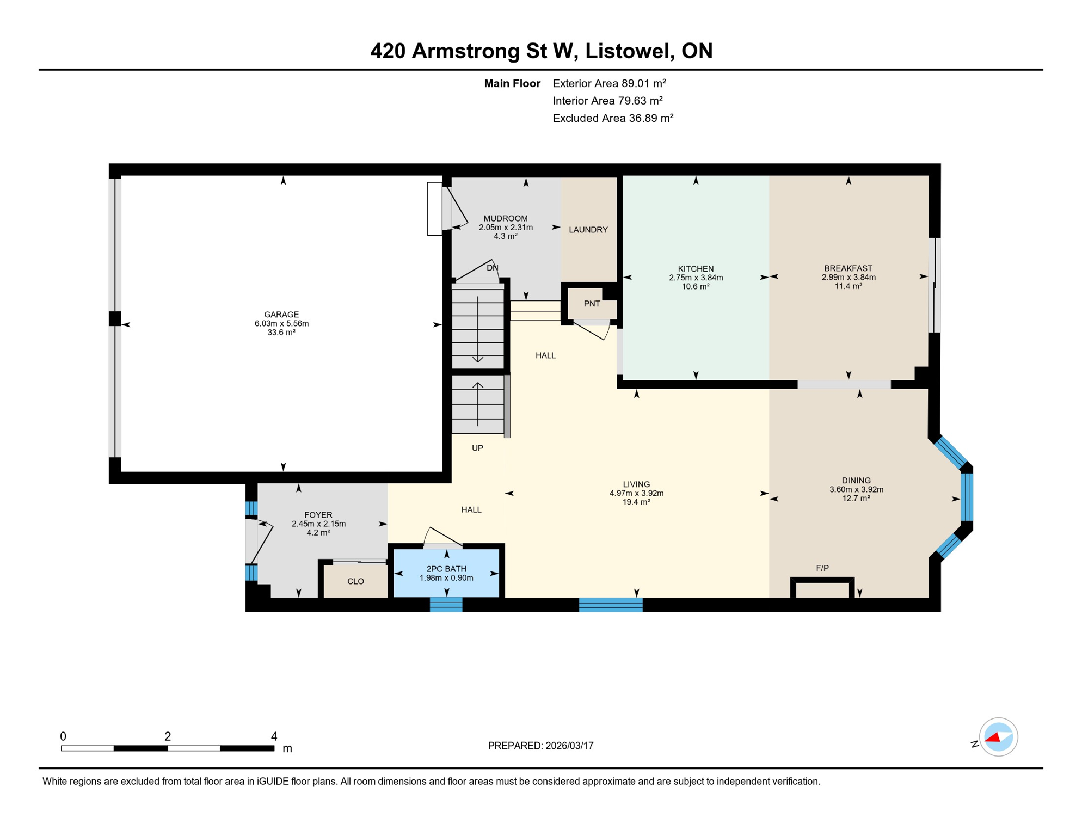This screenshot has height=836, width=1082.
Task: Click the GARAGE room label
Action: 281,315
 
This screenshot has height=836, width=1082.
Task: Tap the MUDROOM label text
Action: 505,219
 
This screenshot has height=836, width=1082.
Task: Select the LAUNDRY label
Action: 588,230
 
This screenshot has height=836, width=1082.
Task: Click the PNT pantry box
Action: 592,304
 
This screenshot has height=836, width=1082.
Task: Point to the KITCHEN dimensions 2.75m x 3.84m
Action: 696,278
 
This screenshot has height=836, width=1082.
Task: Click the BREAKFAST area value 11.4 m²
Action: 848,286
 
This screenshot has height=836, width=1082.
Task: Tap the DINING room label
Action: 856,481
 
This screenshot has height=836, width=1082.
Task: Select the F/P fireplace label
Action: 822,568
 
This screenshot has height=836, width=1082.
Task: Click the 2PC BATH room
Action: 446,573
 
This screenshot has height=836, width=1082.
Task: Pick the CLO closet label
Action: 355,581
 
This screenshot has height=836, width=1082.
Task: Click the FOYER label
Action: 318,515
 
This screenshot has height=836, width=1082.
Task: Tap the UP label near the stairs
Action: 477,448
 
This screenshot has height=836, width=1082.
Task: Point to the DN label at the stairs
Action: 492,268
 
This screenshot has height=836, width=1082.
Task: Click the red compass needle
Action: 993,738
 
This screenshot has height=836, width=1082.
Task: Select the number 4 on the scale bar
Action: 274,736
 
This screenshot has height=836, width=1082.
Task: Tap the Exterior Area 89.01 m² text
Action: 609,83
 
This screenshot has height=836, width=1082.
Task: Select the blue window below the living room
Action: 610,605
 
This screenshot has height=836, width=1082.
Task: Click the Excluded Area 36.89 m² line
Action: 613,118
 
